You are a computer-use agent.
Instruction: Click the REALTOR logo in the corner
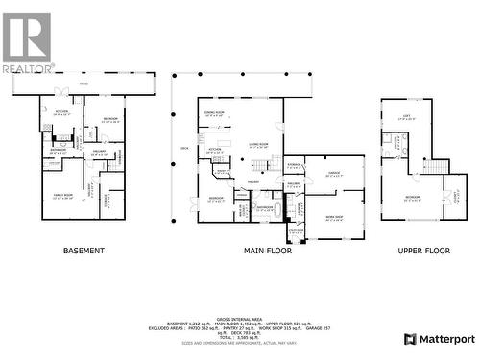point(26,42)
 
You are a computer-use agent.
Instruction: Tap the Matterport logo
point(440,339)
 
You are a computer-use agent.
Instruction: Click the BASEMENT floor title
point(84,251)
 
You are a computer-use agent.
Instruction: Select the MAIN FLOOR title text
point(267,251)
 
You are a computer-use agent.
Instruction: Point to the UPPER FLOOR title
point(423,251)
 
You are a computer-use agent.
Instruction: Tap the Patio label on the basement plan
point(84,84)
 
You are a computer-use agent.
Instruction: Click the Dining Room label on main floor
point(213,114)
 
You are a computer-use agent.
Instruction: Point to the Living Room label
point(257,145)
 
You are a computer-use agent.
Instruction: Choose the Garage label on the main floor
point(334,174)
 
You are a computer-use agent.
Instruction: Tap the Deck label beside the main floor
point(183,148)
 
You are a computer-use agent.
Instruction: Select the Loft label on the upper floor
point(414,117)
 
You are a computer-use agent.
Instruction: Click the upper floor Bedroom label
point(412,198)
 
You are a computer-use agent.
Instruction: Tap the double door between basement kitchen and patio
point(61,93)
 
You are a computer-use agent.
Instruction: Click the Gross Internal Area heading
point(240,318)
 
